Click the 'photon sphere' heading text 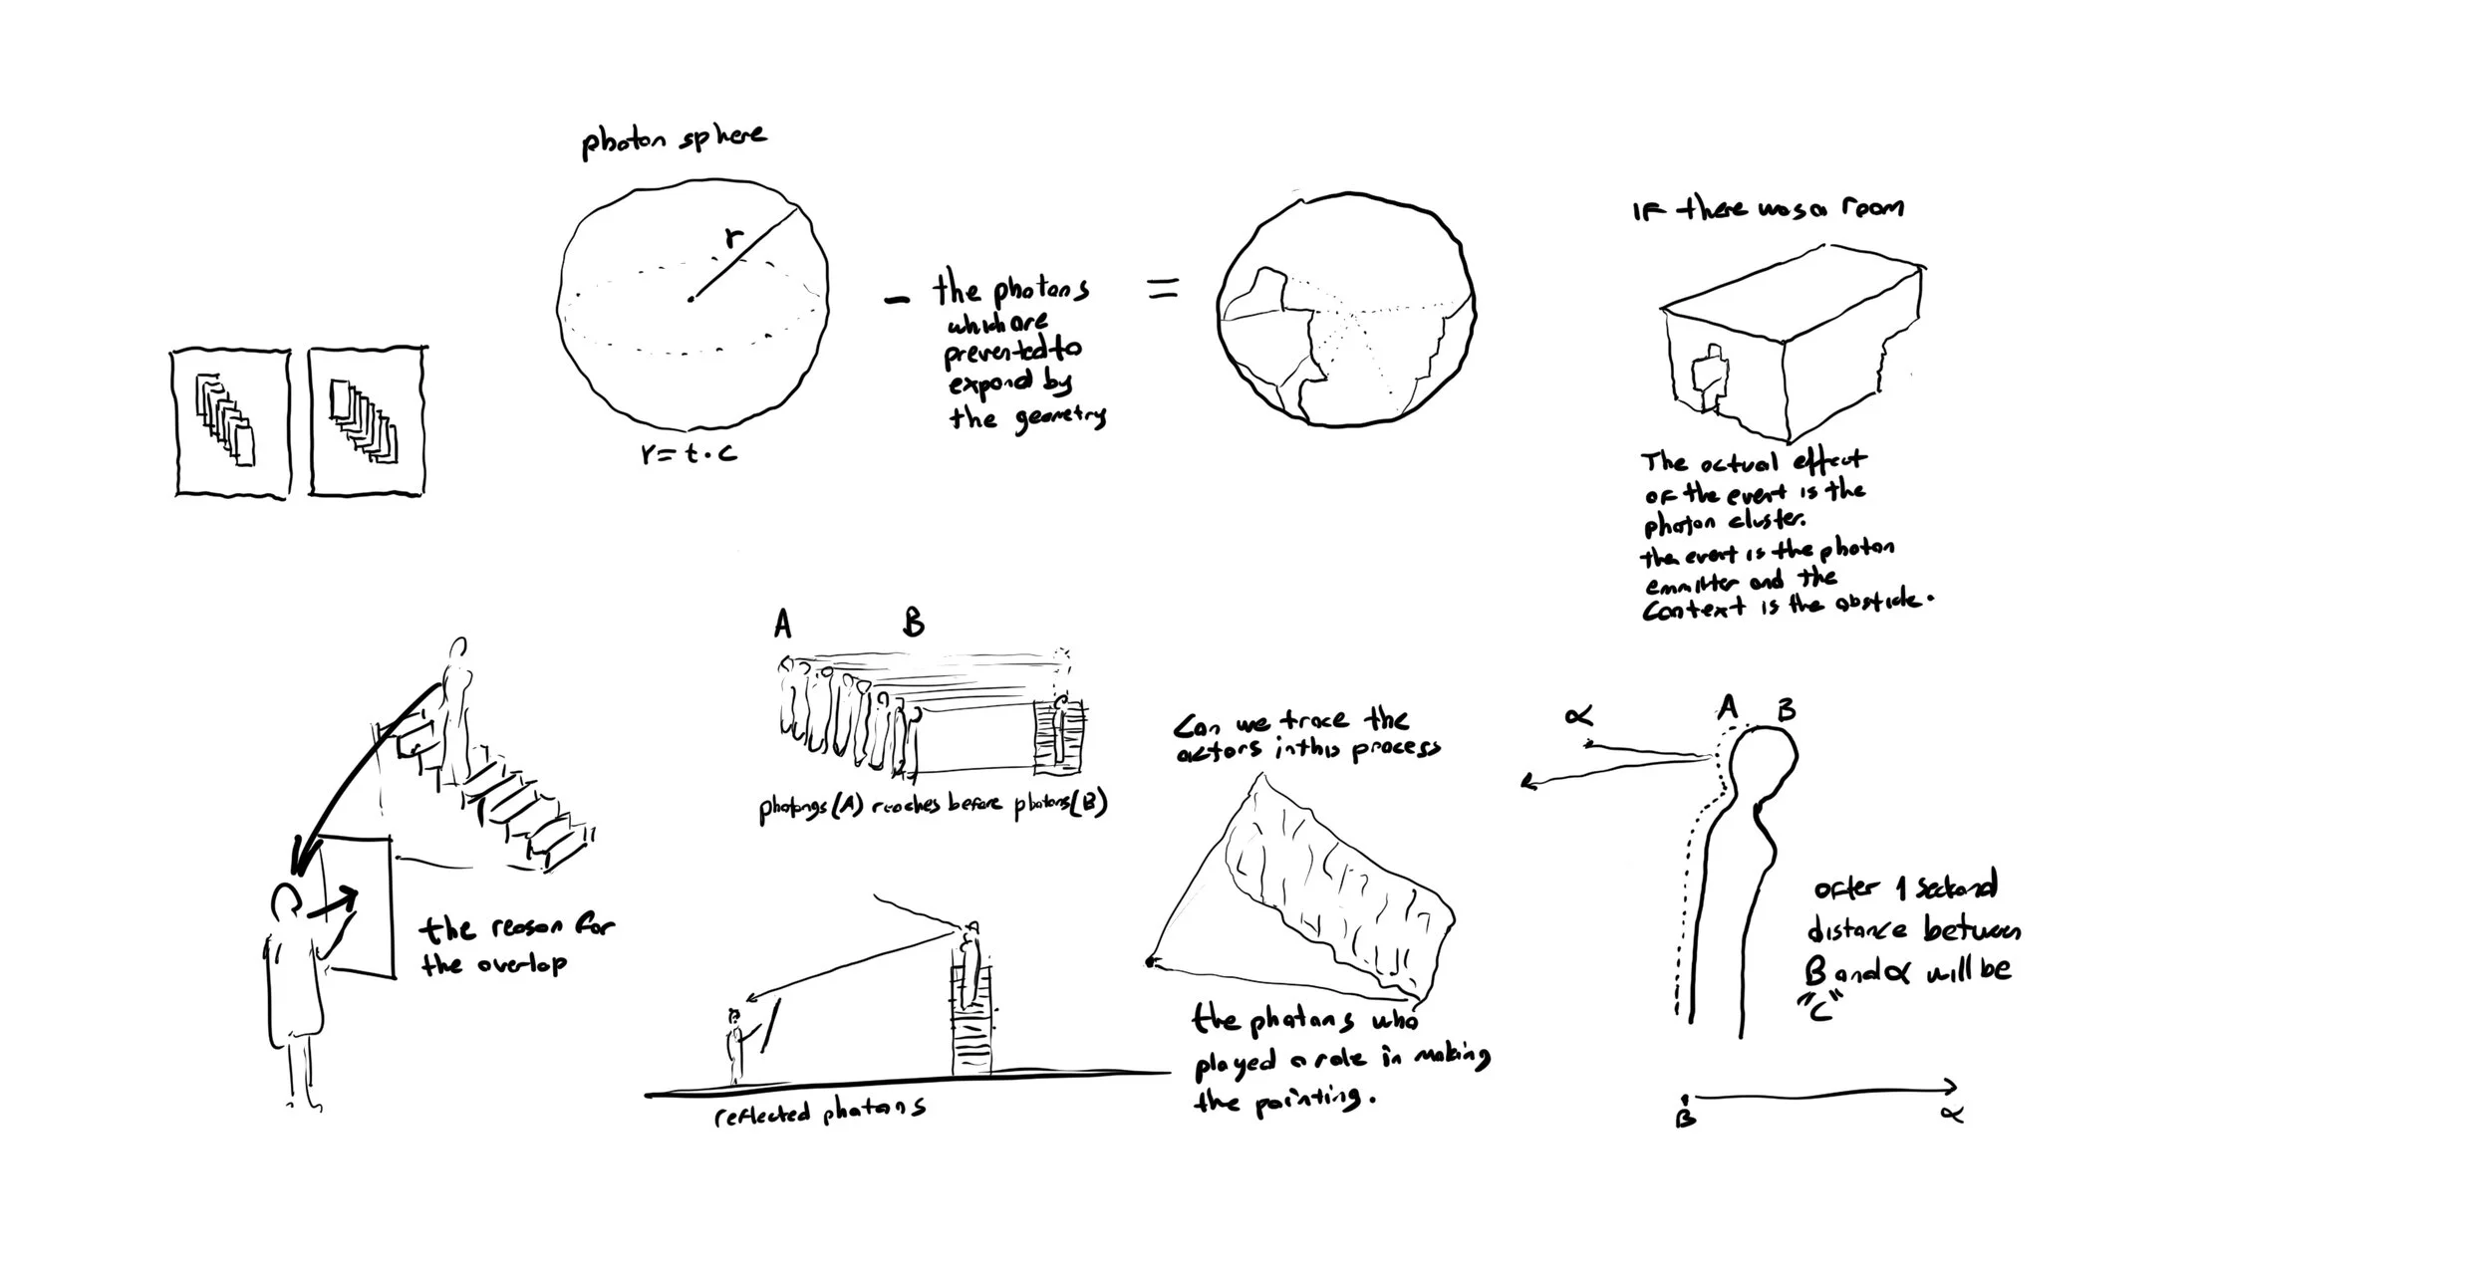click(674, 141)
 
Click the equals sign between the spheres click(1163, 289)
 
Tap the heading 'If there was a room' click(1768, 209)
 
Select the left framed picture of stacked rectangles click(231, 422)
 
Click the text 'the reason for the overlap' click(516, 944)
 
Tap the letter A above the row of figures click(782, 625)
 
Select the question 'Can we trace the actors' click(1305, 735)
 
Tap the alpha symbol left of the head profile click(1579, 716)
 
